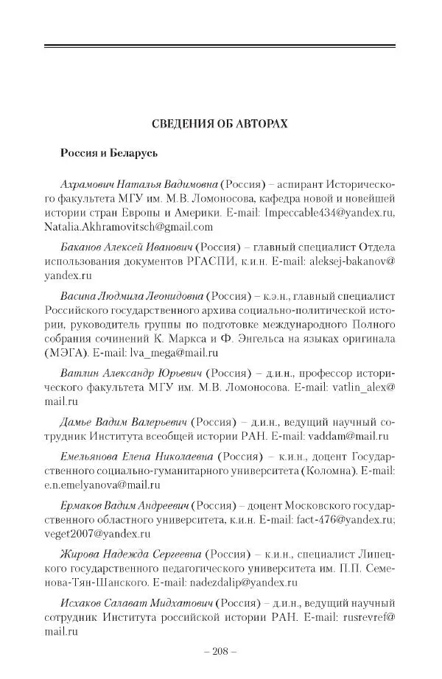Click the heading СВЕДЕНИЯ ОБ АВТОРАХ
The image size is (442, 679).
pos(220,123)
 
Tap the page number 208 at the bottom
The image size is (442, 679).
pos(220,653)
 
